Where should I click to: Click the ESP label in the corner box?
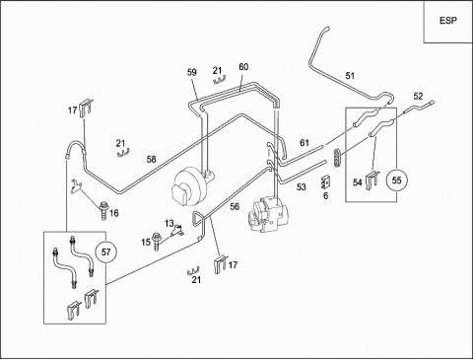(x=448, y=21)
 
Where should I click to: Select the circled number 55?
(x=396, y=180)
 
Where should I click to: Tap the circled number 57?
(x=105, y=252)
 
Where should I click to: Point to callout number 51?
(x=350, y=76)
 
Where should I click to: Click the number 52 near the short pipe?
(x=418, y=97)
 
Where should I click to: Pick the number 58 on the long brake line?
(x=151, y=160)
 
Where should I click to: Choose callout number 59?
(x=192, y=72)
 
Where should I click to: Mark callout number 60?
(x=243, y=67)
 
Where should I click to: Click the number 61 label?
(x=304, y=143)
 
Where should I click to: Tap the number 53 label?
(x=302, y=187)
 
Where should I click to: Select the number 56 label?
(x=235, y=206)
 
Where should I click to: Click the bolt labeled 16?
(x=103, y=211)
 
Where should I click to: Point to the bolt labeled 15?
(x=157, y=241)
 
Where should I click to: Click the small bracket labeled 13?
(x=177, y=230)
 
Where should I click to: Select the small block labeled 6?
(x=325, y=181)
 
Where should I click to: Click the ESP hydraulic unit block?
(x=268, y=214)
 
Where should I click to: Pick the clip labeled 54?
(x=372, y=180)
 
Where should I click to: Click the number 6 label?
(x=325, y=196)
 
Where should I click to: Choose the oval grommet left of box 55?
(x=337, y=157)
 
